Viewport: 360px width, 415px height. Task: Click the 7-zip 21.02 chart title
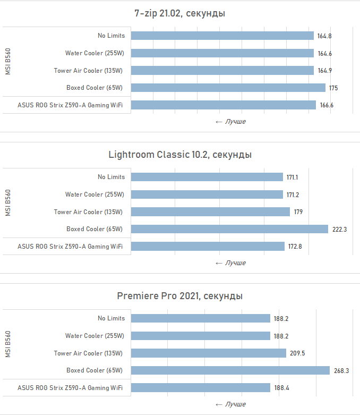179,13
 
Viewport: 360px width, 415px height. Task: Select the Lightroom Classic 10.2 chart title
180,155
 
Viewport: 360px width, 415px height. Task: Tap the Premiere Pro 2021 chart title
180,296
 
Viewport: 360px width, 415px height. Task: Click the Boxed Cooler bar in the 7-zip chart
228,88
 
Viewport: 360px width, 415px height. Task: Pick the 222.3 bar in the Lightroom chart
229,229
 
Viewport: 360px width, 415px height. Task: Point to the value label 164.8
325,36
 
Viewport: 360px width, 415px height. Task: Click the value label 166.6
327,105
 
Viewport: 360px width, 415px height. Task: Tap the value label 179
298,212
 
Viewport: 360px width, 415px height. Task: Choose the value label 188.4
282,388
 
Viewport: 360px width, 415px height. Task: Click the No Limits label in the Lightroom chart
111,177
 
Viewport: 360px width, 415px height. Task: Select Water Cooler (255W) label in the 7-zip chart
94,53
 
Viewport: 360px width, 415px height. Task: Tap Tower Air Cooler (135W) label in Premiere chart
88,353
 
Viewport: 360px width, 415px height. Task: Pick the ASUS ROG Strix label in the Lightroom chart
70,247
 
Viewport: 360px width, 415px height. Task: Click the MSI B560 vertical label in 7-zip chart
8,62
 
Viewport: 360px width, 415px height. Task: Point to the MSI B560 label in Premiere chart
8,344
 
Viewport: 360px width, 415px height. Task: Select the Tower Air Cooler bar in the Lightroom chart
210,212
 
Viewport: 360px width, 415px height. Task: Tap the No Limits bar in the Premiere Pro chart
201,318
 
